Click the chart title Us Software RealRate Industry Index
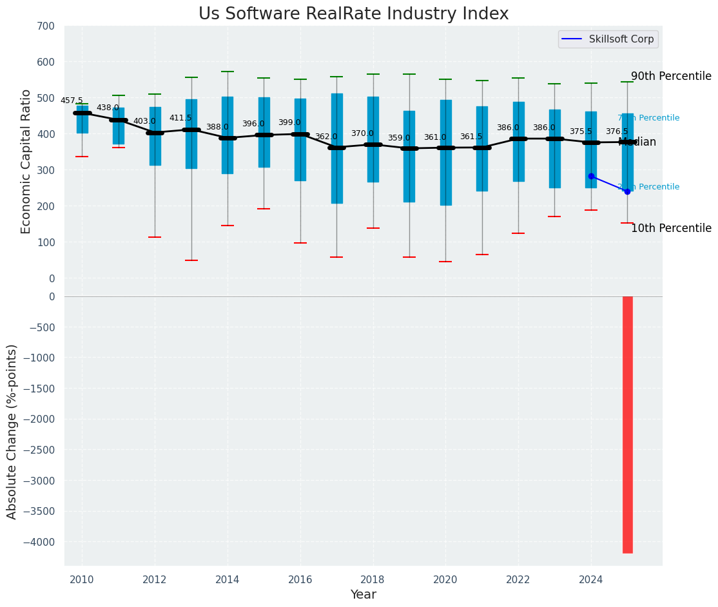(353, 14)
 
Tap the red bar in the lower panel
(627, 424)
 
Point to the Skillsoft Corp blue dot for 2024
(591, 176)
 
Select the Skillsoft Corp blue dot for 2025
(627, 191)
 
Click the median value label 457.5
(72, 101)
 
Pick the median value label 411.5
(180, 119)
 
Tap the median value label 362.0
(326, 137)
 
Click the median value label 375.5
(580, 131)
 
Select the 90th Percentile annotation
(671, 76)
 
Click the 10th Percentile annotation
(671, 229)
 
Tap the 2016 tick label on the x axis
(300, 579)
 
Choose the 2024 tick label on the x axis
(591, 579)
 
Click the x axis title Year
(364, 594)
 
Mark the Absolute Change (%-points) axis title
(12, 431)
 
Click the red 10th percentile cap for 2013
(191, 260)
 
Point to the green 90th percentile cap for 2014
(228, 72)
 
